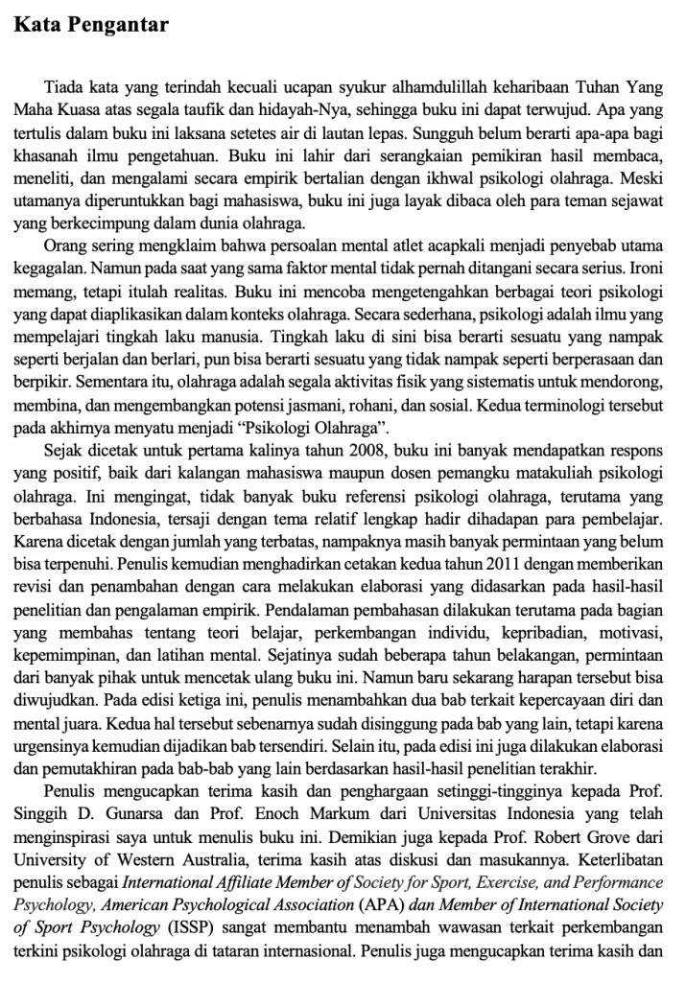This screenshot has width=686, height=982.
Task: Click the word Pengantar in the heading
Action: click(122, 24)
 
